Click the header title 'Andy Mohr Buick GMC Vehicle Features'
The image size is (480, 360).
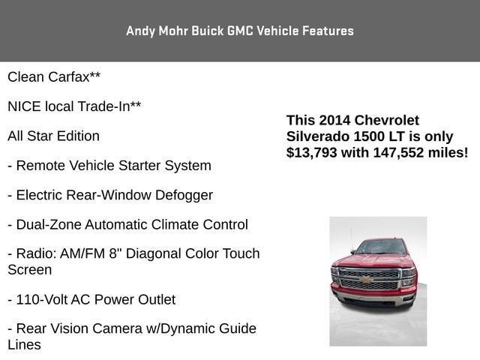click(239, 31)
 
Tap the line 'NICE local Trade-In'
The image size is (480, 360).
click(73, 106)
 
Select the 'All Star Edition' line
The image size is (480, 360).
click(53, 136)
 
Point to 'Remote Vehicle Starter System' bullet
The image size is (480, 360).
click(113, 165)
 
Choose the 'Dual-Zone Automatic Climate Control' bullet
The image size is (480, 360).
click(131, 224)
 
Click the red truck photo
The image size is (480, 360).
click(378, 281)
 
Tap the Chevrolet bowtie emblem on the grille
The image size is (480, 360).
click(367, 280)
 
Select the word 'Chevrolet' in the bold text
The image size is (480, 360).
click(387, 120)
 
